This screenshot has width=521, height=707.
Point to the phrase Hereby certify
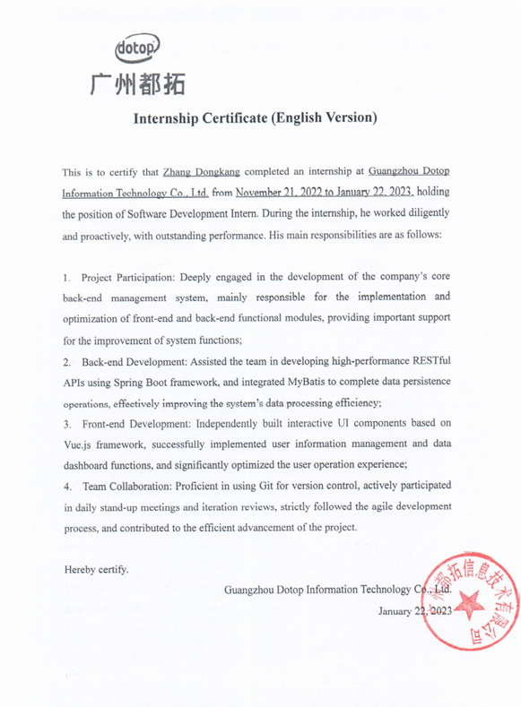pyautogui.click(x=96, y=568)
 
